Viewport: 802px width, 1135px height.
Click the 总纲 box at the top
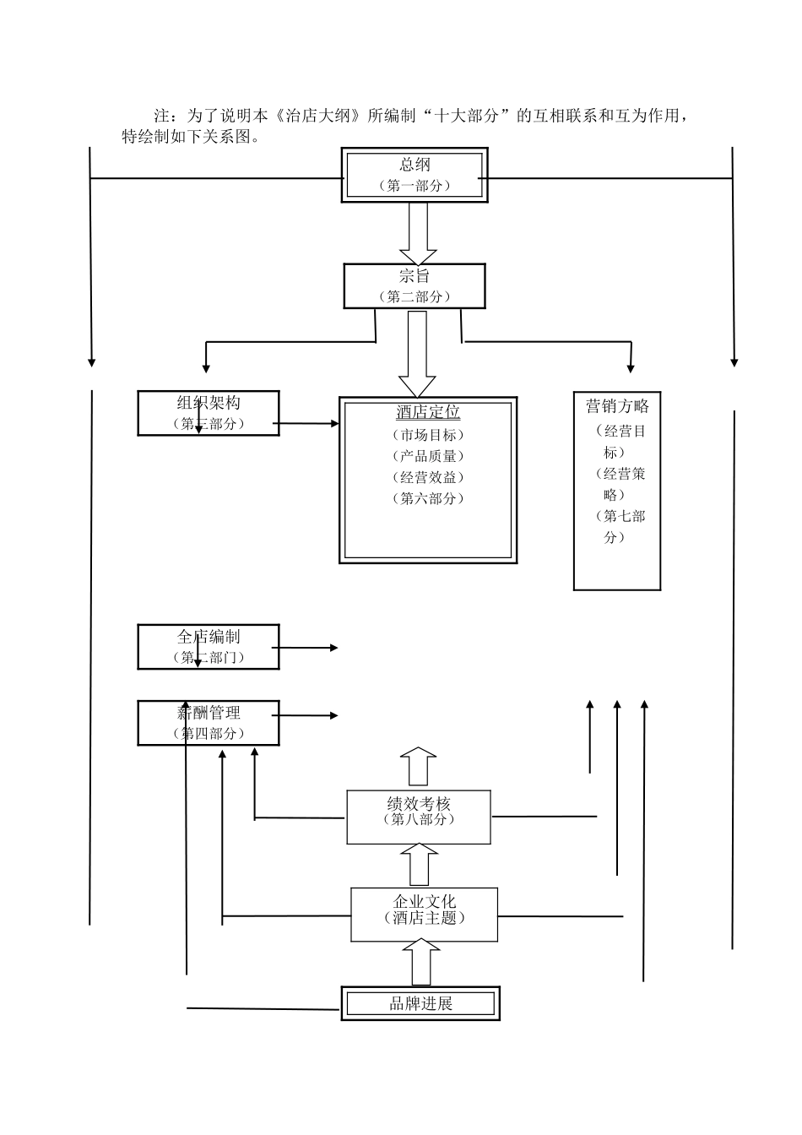click(414, 175)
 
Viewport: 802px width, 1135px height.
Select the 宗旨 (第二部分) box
click(414, 285)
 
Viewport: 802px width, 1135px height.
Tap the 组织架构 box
click(209, 413)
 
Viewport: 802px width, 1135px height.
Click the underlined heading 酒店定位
click(428, 412)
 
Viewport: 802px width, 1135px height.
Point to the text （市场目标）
click(428, 435)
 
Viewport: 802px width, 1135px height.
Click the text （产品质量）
click(428, 456)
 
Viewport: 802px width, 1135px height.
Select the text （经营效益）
click(428, 477)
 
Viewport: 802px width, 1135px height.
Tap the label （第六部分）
click(428, 498)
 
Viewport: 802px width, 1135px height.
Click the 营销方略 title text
click(617, 406)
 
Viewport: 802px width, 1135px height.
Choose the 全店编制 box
click(209, 647)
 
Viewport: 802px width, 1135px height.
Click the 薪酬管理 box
click(209, 723)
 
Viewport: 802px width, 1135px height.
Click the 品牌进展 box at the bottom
click(420, 1003)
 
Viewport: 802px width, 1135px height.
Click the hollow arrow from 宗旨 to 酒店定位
click(417, 353)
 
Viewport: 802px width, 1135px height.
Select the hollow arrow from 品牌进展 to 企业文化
click(421, 964)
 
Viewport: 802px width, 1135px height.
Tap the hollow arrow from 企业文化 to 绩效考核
click(419, 866)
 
